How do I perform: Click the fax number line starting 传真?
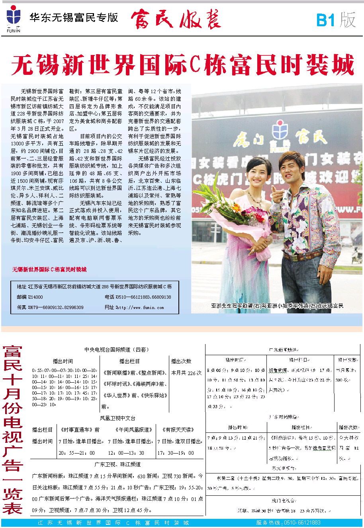point(50,307)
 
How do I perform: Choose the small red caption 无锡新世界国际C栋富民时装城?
point(49,270)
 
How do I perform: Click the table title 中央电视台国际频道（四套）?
point(116,350)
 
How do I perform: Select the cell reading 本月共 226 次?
point(186,373)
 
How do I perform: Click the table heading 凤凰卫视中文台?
point(117,418)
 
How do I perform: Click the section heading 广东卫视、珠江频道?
point(117,464)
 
